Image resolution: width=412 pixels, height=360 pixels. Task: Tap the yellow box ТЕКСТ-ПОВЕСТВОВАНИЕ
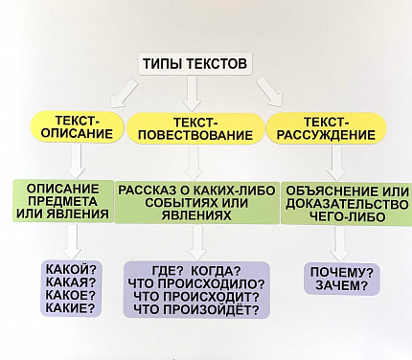(x=195, y=128)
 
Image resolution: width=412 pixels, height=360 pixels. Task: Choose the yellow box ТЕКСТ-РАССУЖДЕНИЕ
(x=325, y=128)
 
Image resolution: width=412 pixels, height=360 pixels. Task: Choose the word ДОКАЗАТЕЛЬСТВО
(x=334, y=203)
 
